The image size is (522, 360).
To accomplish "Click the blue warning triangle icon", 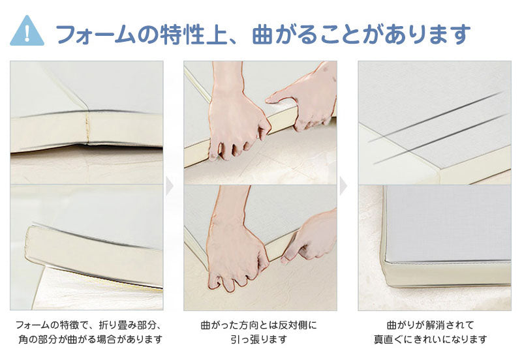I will click(x=27, y=32).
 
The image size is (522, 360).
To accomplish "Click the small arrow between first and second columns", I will click(x=170, y=186).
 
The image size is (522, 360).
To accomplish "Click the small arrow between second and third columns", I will click(x=344, y=186).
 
